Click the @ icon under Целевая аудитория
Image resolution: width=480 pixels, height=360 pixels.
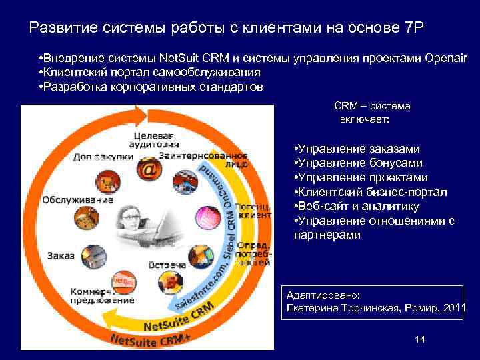tap(149, 171)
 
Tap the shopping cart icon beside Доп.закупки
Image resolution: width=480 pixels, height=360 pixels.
tap(105, 180)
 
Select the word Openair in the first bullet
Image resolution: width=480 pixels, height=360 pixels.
tap(445, 58)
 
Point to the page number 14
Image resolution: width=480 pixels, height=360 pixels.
tap(419, 340)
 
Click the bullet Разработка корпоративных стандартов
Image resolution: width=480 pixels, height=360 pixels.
tap(151, 87)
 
